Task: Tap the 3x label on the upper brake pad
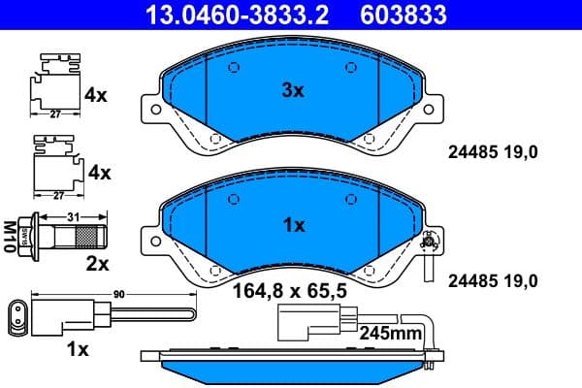[x=292, y=90]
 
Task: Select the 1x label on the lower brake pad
[x=292, y=225]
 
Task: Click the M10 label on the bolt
[x=11, y=236]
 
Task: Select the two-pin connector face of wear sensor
[x=18, y=314]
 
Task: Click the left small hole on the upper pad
[x=232, y=68]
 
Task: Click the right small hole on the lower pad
[x=351, y=201]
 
